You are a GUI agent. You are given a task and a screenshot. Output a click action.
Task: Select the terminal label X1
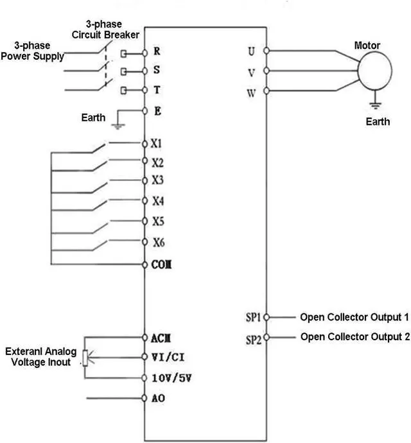tap(157, 143)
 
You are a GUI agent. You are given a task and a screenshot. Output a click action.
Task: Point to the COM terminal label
tap(161, 265)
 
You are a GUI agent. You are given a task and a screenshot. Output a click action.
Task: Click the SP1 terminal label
tap(253, 317)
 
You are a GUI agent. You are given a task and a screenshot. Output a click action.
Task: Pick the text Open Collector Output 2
tap(354, 337)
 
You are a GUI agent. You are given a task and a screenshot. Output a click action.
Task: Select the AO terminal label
tap(158, 398)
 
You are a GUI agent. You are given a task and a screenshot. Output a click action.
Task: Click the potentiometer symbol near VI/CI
tap(85, 358)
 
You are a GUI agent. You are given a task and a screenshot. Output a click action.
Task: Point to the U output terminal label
tap(251, 51)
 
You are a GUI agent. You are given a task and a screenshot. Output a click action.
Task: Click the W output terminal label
tap(251, 92)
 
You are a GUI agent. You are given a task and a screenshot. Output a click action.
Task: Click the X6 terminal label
tap(158, 242)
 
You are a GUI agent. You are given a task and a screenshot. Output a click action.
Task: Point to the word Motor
tap(367, 46)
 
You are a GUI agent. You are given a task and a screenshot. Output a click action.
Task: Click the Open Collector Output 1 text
tap(354, 317)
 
